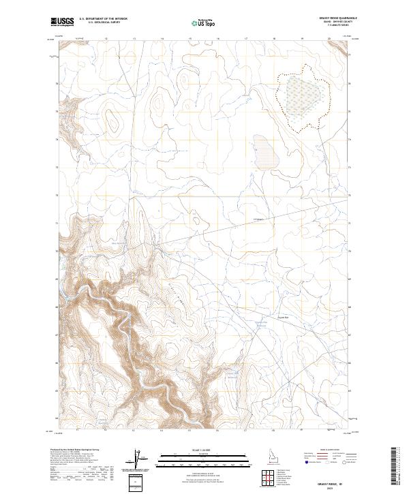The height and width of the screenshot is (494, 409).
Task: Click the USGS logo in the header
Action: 63,22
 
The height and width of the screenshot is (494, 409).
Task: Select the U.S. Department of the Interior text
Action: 103,18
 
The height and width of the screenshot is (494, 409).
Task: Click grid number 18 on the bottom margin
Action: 273,431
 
